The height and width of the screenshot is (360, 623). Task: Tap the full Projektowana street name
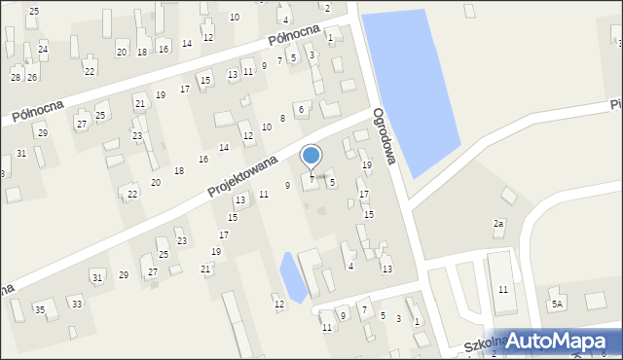click(244, 164)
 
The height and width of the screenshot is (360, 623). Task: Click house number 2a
click(498, 224)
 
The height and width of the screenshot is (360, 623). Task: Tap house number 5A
click(557, 304)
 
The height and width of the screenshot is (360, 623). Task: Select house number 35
click(40, 310)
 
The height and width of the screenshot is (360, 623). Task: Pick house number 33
click(77, 304)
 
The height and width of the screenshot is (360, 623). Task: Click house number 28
click(16, 77)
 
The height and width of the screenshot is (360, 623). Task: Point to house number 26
click(32, 77)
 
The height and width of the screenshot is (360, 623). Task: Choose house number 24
click(43, 48)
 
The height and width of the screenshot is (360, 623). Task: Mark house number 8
click(282, 118)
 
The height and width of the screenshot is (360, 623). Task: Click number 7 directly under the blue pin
click(311, 179)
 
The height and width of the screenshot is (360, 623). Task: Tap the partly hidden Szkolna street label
click(462, 348)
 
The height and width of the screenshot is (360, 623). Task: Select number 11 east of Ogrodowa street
click(502, 290)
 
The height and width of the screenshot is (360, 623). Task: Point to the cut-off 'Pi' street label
click(615, 103)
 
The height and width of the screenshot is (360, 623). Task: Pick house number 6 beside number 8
click(302, 109)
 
